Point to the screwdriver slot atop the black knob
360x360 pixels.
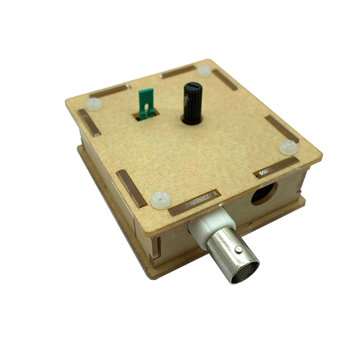[192, 85]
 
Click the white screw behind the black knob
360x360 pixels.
[204, 71]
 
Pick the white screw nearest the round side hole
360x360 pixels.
[288, 147]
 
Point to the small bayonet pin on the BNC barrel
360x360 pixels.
[238, 248]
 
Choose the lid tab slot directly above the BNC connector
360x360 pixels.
[194, 202]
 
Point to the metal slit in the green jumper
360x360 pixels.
[146, 108]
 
